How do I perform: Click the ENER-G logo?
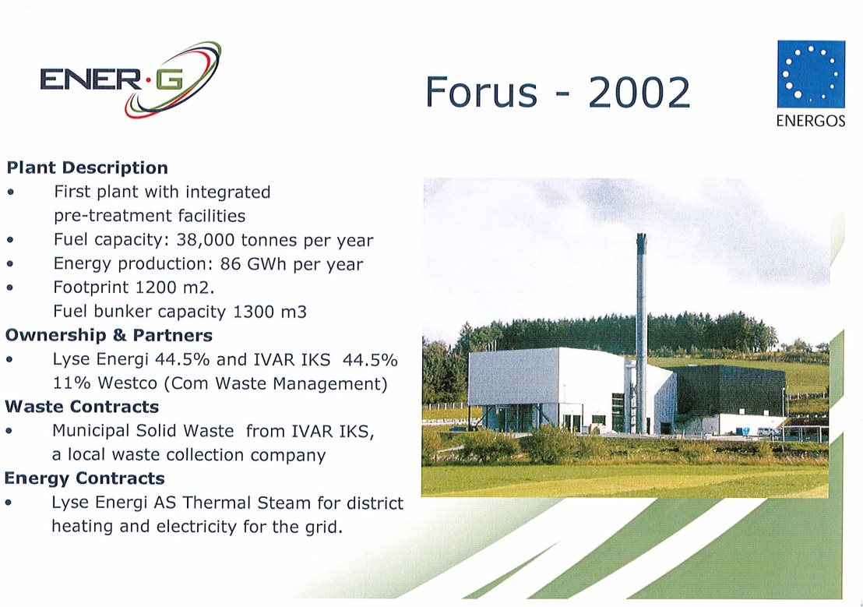[x=130, y=79]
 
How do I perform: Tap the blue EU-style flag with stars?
[x=811, y=74]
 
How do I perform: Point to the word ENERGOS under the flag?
[x=811, y=121]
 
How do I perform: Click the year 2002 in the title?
[x=639, y=92]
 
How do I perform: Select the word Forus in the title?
[x=481, y=92]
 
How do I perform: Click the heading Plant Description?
[x=87, y=168]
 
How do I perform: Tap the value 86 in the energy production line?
[x=230, y=264]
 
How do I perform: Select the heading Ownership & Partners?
[x=108, y=335]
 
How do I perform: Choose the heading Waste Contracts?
[x=82, y=407]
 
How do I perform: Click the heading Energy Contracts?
[x=84, y=478]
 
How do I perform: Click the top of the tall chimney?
[x=641, y=236]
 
